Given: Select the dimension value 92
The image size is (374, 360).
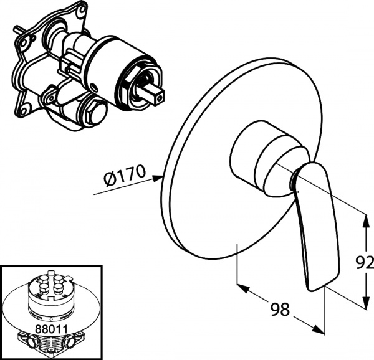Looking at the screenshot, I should [x=365, y=262].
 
